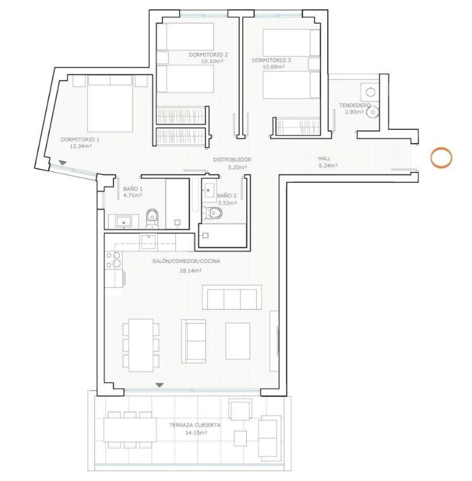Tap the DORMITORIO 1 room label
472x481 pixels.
point(80,140)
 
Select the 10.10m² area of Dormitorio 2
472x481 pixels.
point(212,61)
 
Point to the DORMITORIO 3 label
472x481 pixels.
point(271,60)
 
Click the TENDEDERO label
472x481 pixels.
point(355,105)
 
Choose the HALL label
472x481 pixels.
point(324,159)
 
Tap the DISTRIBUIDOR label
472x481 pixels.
point(232,159)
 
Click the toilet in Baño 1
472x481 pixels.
point(152,218)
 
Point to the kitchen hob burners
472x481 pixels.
point(114,260)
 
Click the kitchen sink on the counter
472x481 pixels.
point(149,242)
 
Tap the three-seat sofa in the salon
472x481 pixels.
point(232,297)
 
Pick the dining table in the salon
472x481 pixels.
point(141,345)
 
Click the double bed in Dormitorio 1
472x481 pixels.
point(110,104)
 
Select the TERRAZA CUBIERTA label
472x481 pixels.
point(195,425)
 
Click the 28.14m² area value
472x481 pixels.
point(191,271)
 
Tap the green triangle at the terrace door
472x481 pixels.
point(160,385)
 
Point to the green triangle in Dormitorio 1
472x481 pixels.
point(63,163)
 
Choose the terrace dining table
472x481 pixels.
point(130,430)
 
